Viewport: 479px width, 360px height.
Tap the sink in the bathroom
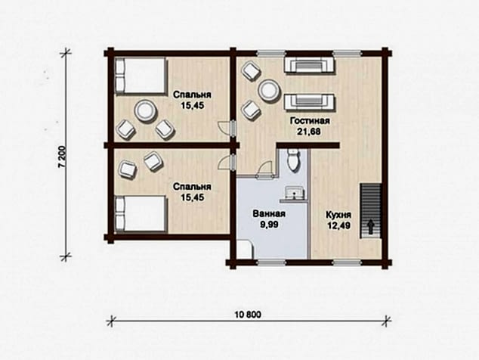point(295,192)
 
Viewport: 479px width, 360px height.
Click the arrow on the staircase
point(371,226)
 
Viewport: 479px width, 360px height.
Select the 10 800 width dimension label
point(248,314)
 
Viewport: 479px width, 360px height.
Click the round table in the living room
point(269,90)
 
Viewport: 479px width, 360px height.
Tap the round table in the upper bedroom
point(146,112)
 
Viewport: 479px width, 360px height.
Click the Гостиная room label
point(310,121)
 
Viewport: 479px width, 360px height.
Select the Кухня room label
point(338,214)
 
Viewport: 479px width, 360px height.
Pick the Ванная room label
point(269,213)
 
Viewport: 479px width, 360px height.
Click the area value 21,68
point(310,132)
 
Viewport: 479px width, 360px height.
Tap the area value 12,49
point(338,225)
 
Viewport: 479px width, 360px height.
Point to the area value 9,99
point(269,225)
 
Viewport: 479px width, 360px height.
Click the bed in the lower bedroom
point(141,213)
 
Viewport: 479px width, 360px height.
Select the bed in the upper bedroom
point(141,75)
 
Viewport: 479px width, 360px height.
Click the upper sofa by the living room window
point(310,64)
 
